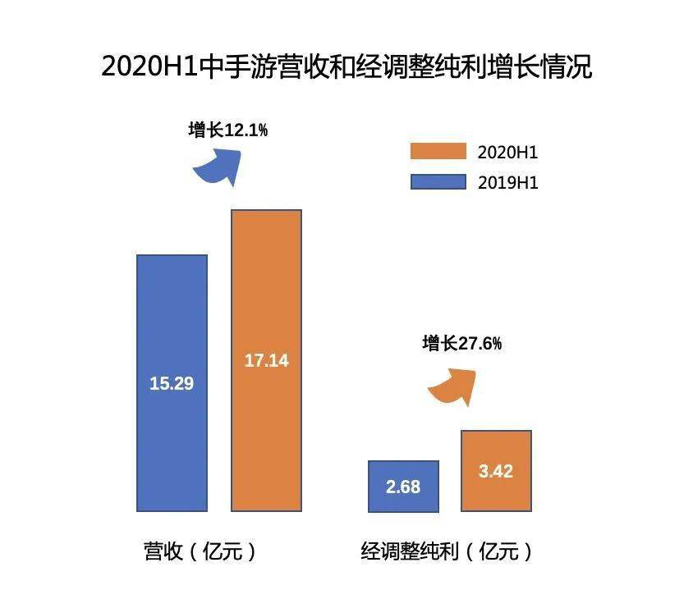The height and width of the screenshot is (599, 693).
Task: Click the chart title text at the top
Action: (346, 66)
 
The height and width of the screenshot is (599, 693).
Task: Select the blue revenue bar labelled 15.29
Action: (172, 427)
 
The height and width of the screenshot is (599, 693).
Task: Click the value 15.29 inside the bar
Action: (172, 383)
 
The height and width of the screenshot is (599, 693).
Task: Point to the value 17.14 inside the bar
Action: (266, 360)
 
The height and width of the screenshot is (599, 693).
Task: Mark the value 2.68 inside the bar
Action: (402, 487)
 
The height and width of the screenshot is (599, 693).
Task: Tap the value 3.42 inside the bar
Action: (496, 472)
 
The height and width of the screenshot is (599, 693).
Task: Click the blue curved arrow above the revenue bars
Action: (218, 166)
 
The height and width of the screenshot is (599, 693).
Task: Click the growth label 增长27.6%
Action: (461, 344)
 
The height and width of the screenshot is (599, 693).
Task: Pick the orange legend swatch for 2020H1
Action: (438, 153)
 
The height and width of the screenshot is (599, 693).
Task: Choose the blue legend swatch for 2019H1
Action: (438, 181)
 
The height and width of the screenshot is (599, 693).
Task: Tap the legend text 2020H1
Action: (507, 153)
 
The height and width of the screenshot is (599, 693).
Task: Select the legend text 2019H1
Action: (507, 181)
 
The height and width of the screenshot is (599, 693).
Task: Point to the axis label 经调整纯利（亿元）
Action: (447, 551)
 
